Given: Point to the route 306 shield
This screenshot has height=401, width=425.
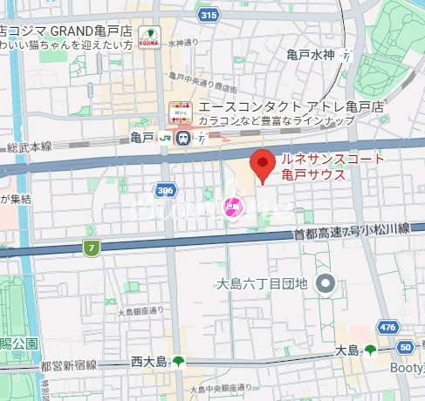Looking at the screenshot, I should (x=164, y=189).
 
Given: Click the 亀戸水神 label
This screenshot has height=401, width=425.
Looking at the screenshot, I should (x=311, y=54).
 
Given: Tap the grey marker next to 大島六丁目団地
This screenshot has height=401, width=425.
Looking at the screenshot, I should (x=326, y=283).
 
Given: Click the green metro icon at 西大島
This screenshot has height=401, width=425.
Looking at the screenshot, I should (x=179, y=361).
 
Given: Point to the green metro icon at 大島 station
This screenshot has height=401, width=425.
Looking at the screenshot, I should (x=370, y=350).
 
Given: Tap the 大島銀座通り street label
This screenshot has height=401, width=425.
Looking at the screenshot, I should (x=141, y=310).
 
